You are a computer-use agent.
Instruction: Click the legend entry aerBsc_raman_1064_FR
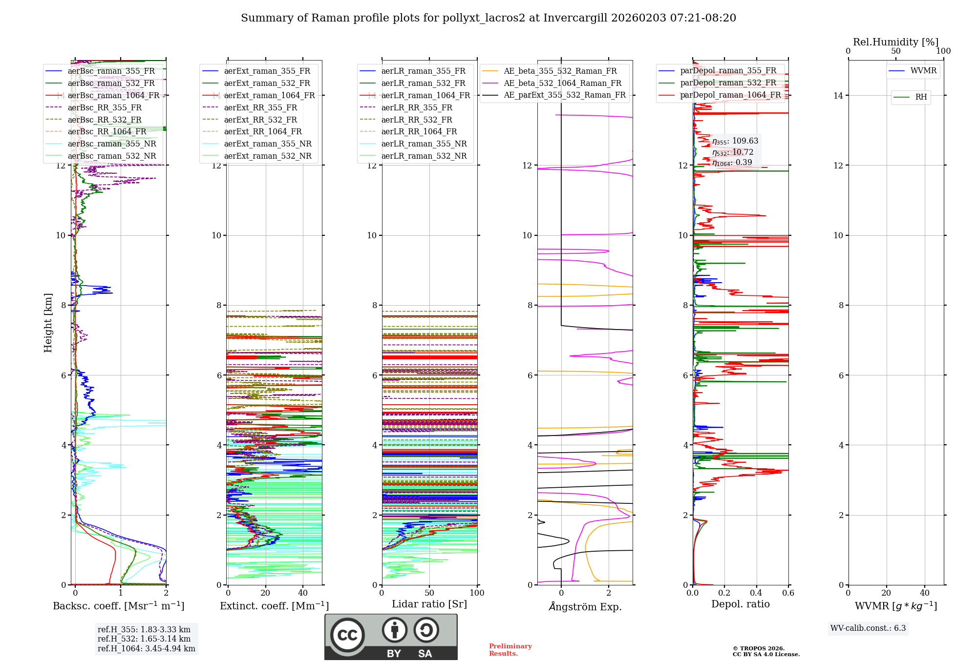pos(113,95)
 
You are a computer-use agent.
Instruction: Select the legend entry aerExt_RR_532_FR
pos(260,120)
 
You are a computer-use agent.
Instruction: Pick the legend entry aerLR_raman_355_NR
pos(424,144)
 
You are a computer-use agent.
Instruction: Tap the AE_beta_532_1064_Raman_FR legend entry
pos(562,83)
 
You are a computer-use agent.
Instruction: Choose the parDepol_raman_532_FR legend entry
pos(728,83)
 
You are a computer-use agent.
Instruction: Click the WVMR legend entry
pos(923,71)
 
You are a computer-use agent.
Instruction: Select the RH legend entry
pos(921,97)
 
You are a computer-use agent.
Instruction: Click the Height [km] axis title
pos(48,322)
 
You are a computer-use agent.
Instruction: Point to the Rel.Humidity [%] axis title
pos(895,42)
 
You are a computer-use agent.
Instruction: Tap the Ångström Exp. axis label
pos(585,606)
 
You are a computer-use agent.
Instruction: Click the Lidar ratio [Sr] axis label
pos(429,604)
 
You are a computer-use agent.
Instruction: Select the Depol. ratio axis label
pos(740,604)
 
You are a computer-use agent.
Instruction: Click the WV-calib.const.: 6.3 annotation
pos(868,628)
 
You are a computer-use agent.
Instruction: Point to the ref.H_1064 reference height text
pos(146,648)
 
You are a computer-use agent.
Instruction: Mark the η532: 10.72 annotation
pos(732,152)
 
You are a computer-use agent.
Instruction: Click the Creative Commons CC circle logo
pos(347,635)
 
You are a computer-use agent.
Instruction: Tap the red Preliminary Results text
pos(510,649)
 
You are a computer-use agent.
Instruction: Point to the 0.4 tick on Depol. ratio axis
pos(756,593)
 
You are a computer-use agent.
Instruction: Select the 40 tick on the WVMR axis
pos(925,593)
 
